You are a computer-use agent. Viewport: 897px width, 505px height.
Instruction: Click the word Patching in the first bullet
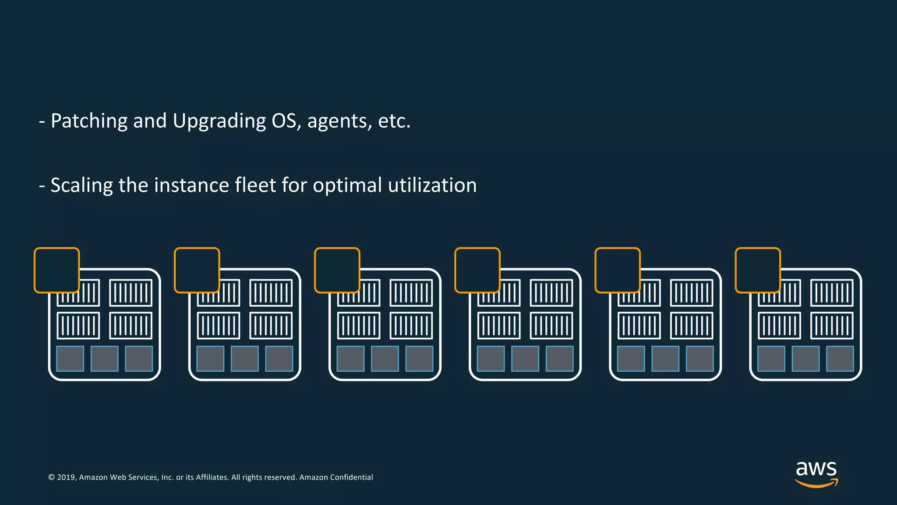[89, 121]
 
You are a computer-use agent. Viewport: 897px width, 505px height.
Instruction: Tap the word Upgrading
[219, 121]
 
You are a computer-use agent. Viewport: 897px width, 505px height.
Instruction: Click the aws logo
[816, 473]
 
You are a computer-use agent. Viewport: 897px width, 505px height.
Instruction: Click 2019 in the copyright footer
[66, 477]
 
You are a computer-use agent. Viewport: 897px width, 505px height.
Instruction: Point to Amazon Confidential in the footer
[336, 477]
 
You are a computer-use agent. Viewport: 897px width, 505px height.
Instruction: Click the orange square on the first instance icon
[57, 270]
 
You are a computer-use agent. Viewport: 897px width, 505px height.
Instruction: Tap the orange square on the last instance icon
[758, 270]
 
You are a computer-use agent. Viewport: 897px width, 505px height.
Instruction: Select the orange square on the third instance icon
[337, 270]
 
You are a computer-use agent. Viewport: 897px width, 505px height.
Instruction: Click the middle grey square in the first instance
[104, 359]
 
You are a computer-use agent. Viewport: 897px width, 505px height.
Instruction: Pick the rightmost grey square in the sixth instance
[840, 359]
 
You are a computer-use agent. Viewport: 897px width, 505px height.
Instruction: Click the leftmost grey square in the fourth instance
[491, 359]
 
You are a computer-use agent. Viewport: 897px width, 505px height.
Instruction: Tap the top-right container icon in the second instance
[271, 293]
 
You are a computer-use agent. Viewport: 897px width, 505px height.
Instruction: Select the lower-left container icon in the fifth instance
[639, 326]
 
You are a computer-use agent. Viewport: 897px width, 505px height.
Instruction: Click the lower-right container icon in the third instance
[411, 326]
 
